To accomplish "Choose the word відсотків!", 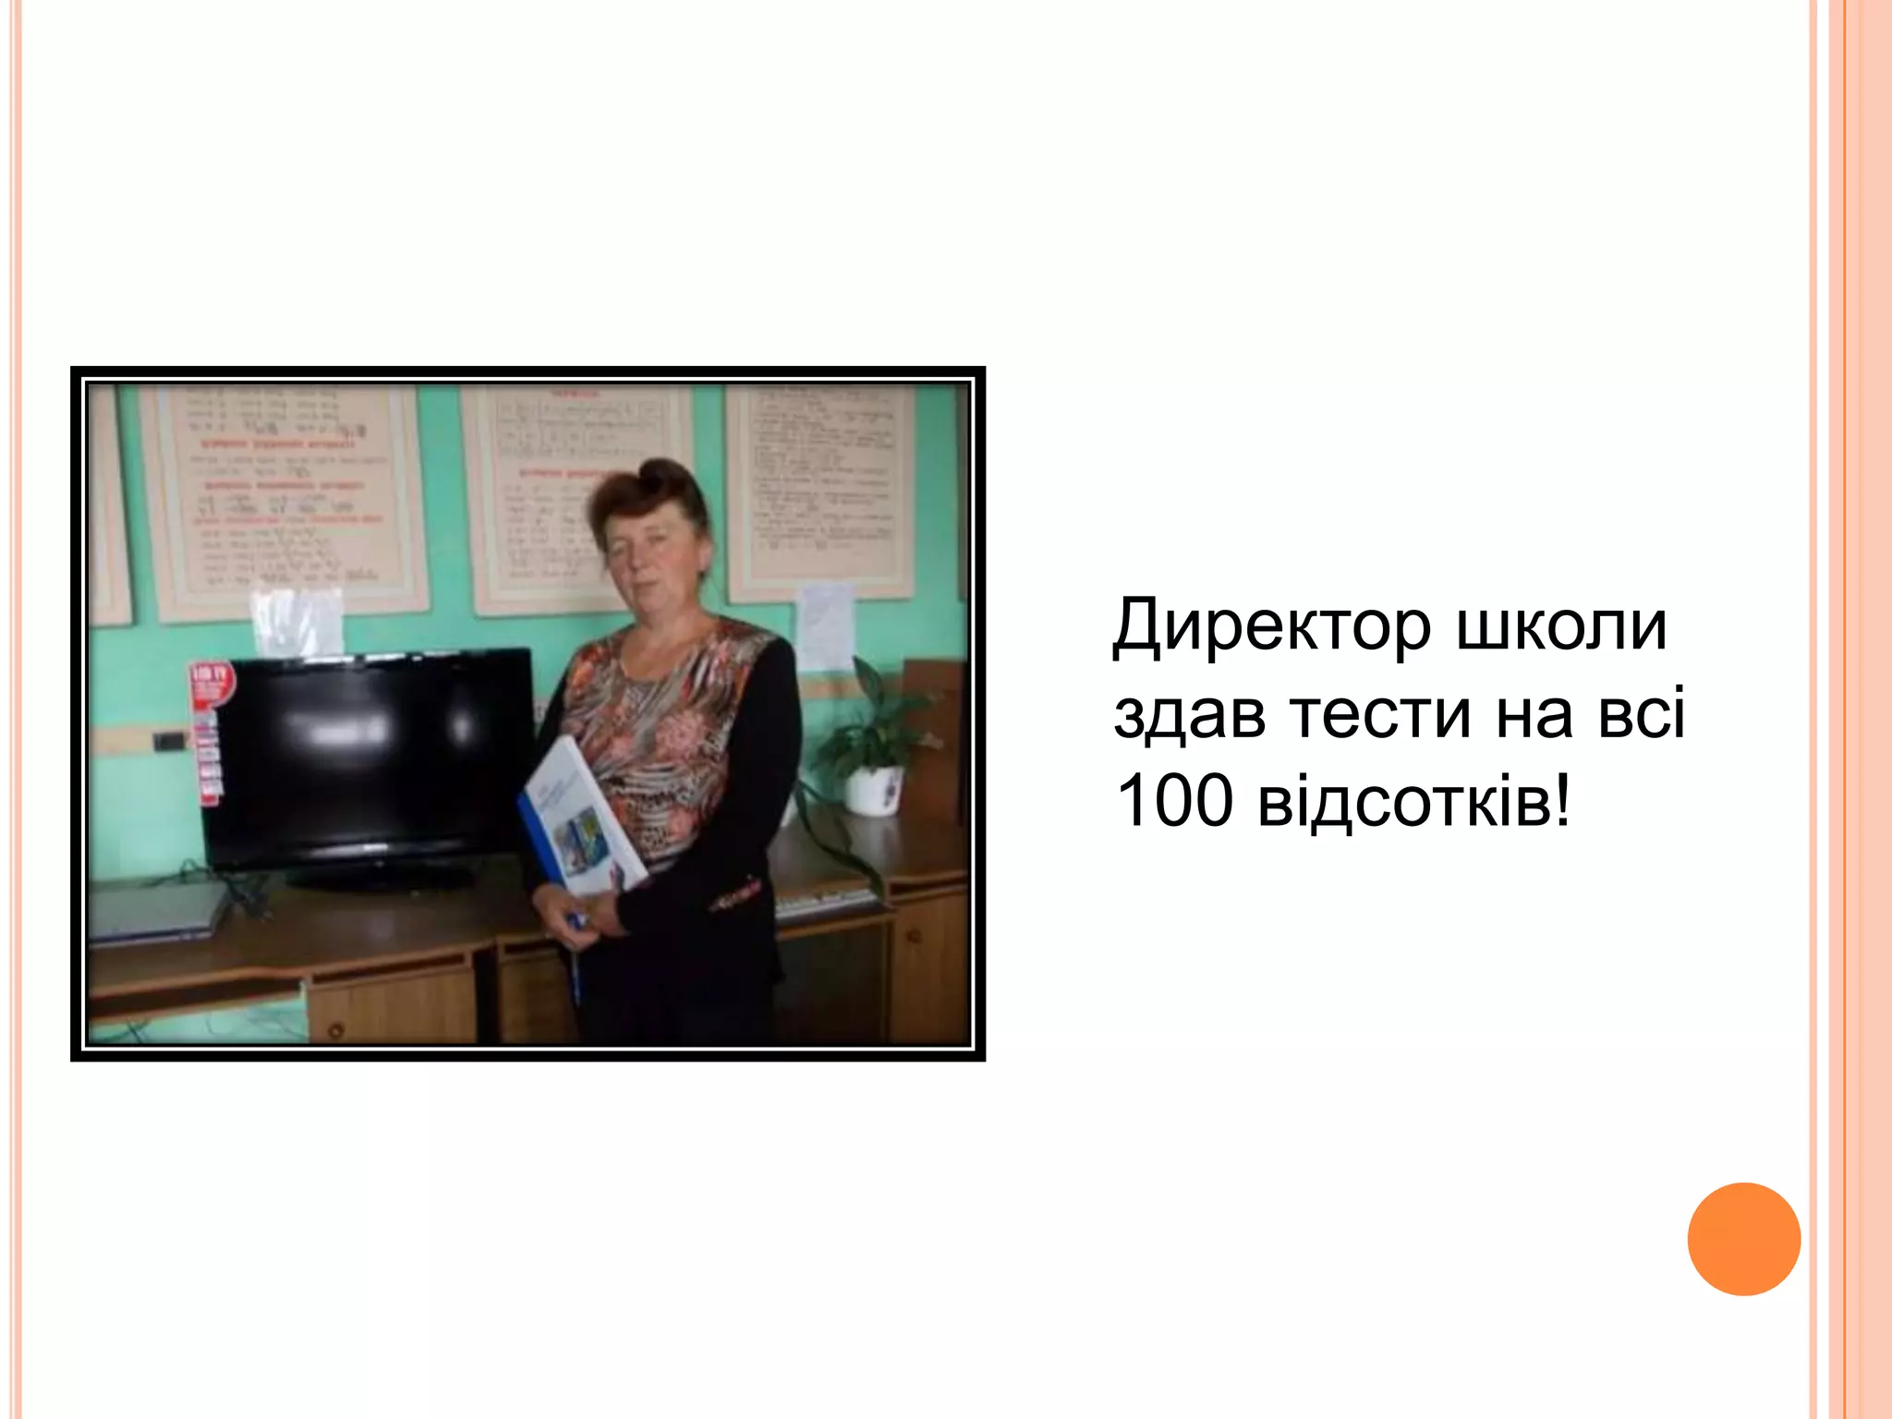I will click(1413, 800).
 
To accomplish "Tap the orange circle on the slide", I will click(1743, 1239).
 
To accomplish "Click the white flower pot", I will click(873, 790).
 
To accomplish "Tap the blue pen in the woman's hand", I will click(576, 961).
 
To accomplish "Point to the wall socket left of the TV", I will click(169, 740).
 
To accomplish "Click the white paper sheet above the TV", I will click(297, 621).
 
